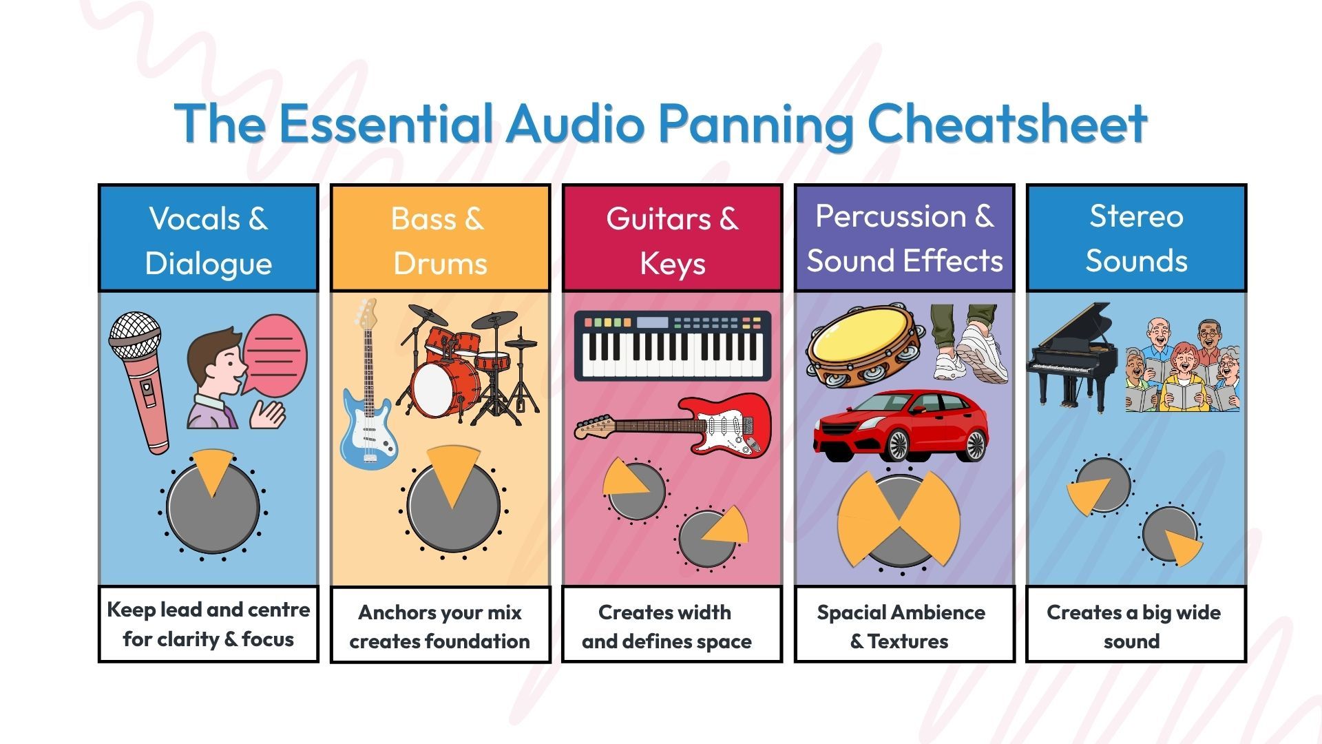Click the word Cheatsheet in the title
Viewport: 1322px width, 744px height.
[1007, 123]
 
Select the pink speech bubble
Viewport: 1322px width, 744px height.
[275, 355]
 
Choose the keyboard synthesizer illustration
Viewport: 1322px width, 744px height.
[673, 346]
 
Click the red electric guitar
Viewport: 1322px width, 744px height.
[673, 425]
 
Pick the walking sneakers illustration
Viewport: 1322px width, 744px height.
[969, 343]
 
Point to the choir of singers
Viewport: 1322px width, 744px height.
[1183, 366]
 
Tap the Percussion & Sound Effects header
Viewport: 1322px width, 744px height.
[905, 238]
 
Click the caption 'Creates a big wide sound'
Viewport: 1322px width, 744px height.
[1133, 627]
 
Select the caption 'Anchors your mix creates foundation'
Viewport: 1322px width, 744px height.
[439, 627]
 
